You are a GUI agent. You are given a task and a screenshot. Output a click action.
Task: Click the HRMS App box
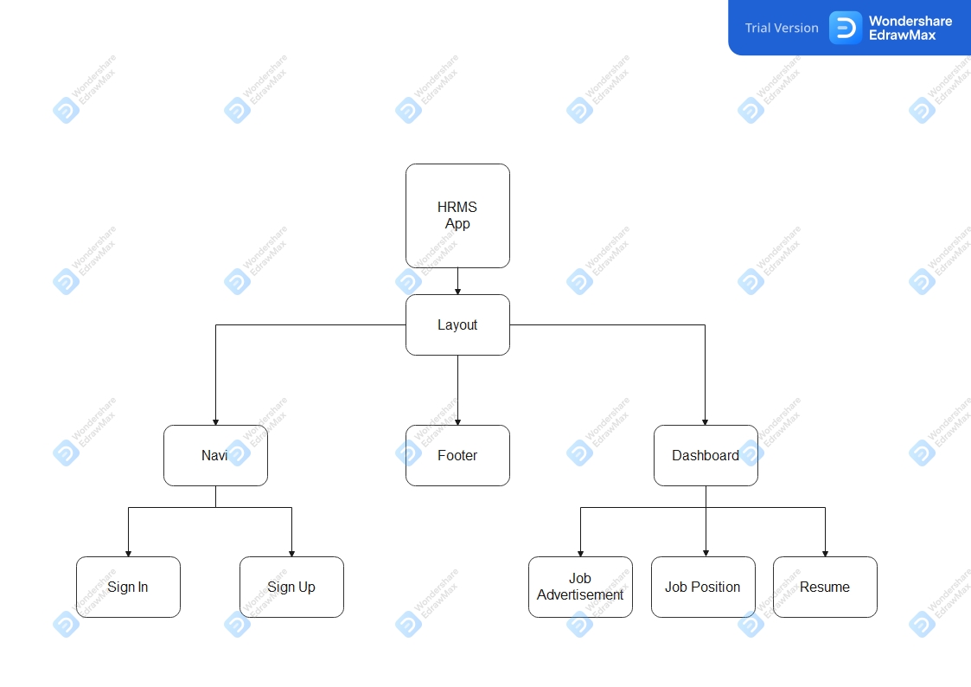coord(457,215)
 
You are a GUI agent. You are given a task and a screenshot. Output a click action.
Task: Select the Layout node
coord(457,324)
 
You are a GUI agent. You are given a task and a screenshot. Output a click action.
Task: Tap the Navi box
coord(215,455)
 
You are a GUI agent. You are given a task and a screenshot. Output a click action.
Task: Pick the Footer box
coord(457,455)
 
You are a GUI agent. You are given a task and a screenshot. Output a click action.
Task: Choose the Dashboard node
coord(706,455)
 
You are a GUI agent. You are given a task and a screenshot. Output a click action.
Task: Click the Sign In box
coord(128,587)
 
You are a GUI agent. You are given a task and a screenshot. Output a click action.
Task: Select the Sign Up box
coord(291,587)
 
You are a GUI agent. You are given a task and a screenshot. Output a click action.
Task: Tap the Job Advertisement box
coord(580,587)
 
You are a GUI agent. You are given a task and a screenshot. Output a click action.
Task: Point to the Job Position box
coord(703,587)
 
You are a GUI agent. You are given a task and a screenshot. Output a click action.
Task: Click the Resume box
coord(825,587)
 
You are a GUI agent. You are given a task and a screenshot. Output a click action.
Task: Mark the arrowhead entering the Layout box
coord(457,291)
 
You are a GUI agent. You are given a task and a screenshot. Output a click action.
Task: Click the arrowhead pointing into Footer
coord(457,421)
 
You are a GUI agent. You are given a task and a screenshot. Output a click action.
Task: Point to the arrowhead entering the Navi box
coord(215,421)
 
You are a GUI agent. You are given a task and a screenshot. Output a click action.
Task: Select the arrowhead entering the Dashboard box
coord(706,421)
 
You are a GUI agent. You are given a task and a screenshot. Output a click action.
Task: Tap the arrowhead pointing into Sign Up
coord(291,553)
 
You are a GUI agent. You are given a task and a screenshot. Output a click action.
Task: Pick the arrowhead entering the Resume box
coord(825,553)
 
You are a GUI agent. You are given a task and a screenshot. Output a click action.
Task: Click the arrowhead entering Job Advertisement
coord(580,553)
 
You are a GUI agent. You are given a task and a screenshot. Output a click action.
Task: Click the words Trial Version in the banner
coord(782,28)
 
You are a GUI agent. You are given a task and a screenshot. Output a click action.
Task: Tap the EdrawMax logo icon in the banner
coord(845,28)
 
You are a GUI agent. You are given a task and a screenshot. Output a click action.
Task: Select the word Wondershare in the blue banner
coord(910,21)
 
